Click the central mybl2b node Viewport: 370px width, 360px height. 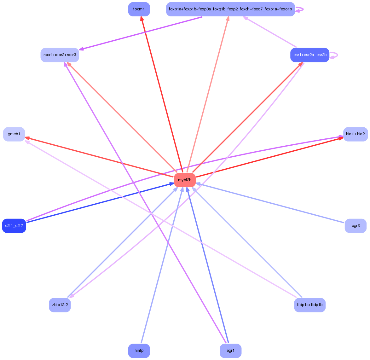185,180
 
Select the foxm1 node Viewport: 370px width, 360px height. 139,9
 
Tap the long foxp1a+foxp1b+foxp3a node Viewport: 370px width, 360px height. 230,9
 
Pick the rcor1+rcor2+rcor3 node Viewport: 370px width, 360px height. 60,55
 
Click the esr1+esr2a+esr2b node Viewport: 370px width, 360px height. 310,55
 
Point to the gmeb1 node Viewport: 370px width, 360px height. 14,134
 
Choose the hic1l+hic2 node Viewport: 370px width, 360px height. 355,134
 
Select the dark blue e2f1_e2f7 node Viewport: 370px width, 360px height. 14,226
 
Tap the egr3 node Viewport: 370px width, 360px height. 356,226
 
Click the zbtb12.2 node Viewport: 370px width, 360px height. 60,305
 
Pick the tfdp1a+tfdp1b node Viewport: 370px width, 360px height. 310,305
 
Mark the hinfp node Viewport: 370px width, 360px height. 139,351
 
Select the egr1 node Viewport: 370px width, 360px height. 230,351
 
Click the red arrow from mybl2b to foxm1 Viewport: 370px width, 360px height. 162,95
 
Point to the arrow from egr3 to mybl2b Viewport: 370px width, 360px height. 271,203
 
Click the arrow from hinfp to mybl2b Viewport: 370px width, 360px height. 161,266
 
